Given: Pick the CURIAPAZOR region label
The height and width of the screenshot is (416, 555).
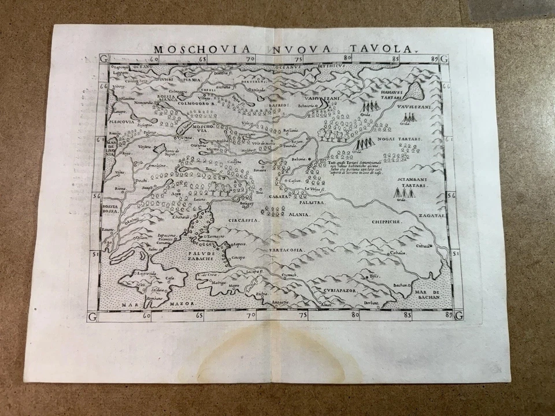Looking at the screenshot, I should point(342,284).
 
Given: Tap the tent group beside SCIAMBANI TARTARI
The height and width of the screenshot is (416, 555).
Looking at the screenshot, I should point(405,192).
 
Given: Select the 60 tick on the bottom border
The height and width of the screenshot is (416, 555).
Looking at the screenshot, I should point(146,315).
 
